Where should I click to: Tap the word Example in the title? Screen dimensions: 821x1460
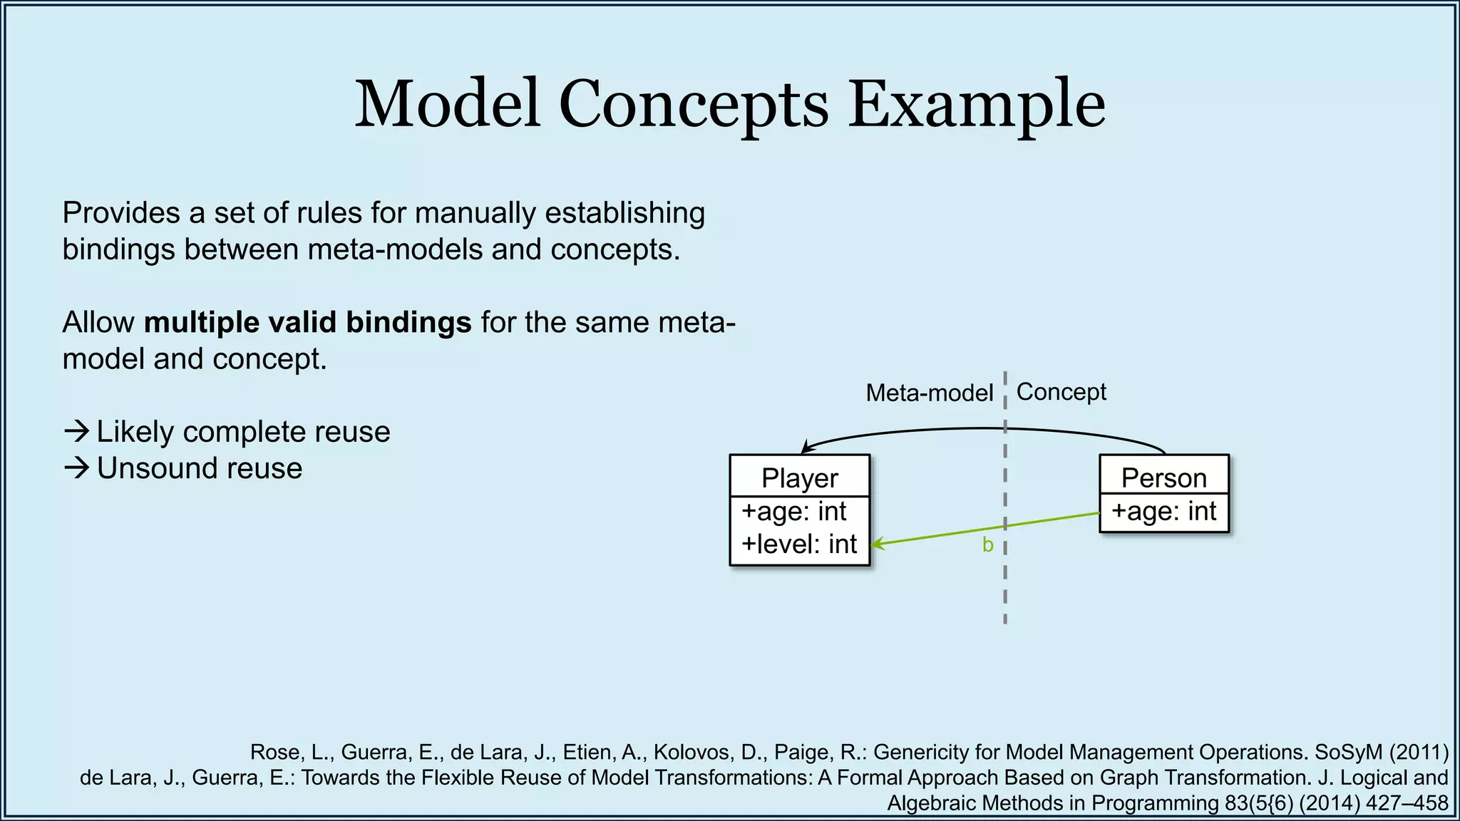click(976, 105)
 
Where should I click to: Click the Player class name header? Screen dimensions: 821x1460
click(799, 477)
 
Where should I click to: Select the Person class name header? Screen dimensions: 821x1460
click(1163, 477)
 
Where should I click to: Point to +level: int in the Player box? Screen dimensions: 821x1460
click(798, 544)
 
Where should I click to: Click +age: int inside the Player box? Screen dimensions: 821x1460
click(793, 511)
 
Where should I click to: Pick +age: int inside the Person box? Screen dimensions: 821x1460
click(1163, 511)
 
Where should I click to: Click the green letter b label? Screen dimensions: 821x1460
click(987, 545)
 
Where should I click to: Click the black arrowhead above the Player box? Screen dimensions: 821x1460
click(806, 448)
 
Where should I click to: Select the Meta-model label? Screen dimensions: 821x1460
click(929, 393)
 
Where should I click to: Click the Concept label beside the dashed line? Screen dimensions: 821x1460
click(1061, 391)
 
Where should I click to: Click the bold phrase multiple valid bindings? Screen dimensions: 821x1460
click(307, 322)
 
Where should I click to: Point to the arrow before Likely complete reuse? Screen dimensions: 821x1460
click(76, 431)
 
